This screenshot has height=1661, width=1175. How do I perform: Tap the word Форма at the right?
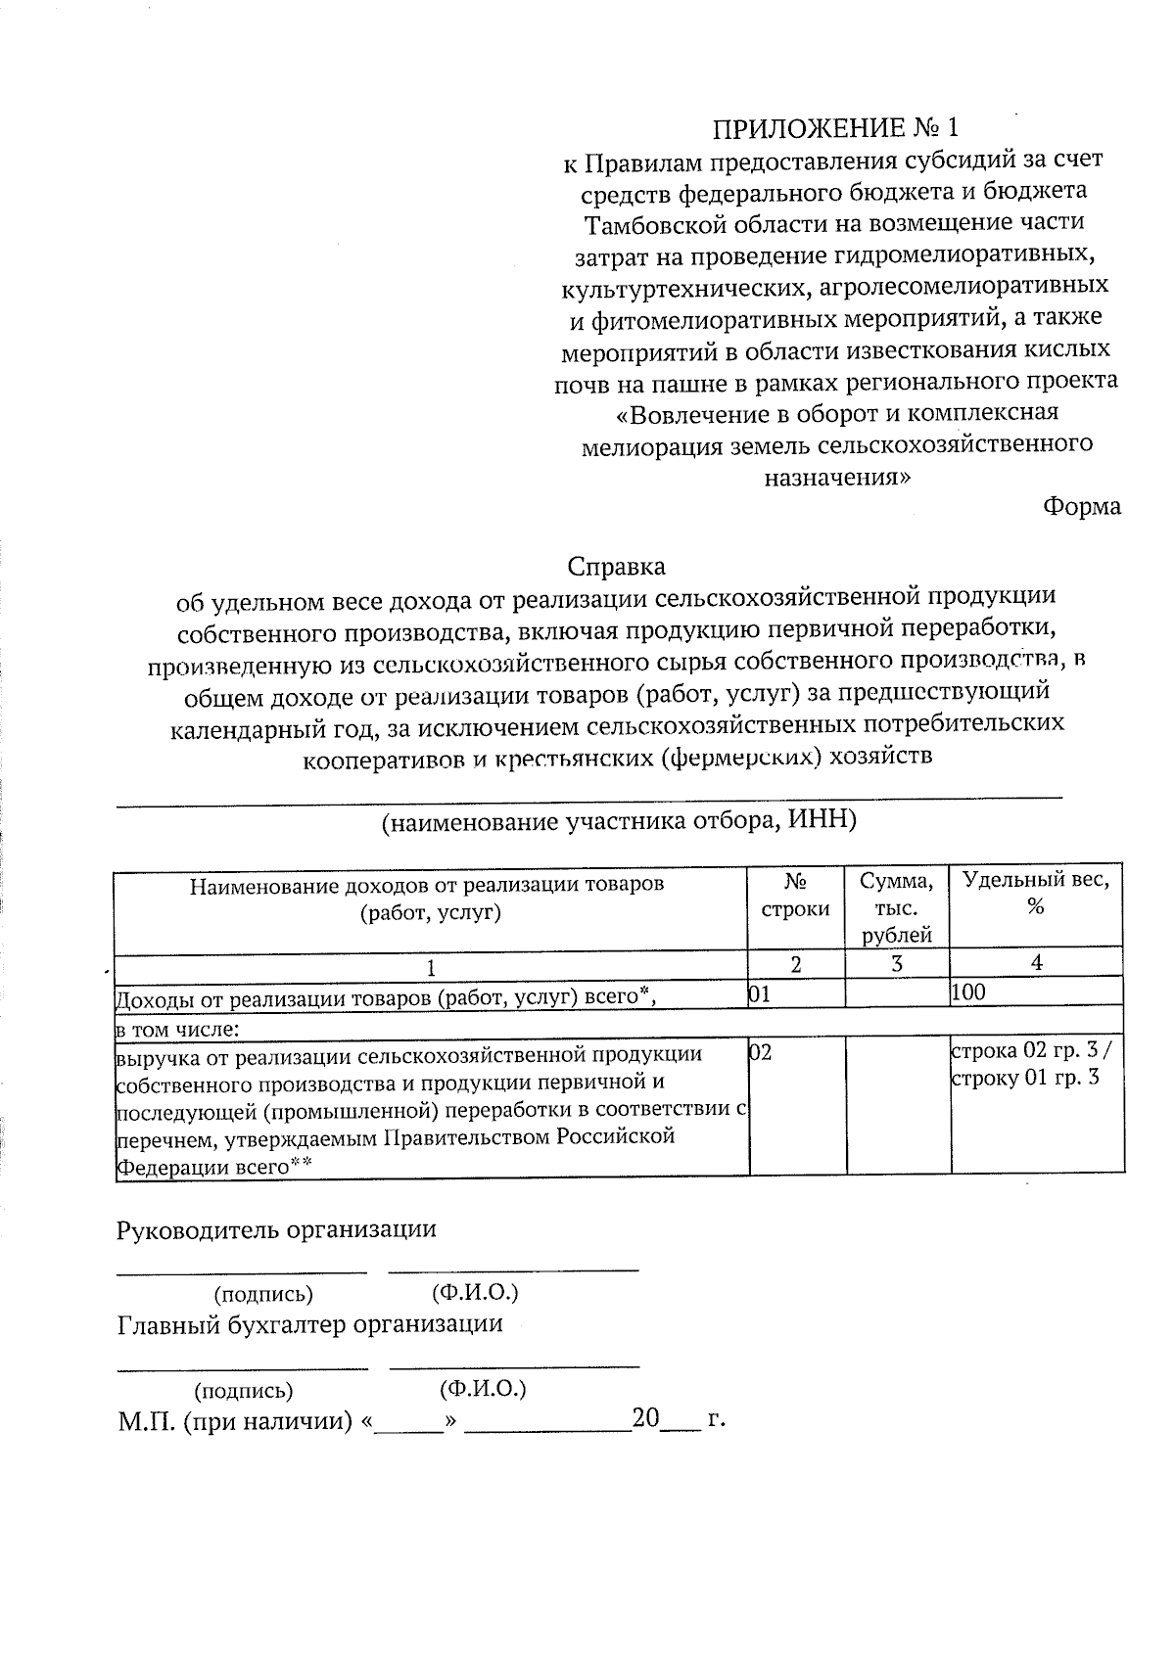point(1081,507)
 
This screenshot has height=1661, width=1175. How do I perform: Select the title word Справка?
point(616,566)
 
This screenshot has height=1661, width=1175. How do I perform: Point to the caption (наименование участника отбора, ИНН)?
point(619,820)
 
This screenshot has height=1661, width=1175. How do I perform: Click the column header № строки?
point(796,895)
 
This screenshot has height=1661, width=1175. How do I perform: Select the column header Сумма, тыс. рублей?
point(897,906)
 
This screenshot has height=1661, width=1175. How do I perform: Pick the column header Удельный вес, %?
point(1036,893)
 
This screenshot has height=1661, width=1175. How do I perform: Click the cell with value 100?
point(968,992)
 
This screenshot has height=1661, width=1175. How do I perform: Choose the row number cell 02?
point(760,1052)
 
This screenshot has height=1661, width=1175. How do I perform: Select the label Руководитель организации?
point(276,1229)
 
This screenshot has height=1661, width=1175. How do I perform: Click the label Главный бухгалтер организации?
point(309,1324)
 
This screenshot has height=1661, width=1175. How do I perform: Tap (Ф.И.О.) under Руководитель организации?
point(475,1293)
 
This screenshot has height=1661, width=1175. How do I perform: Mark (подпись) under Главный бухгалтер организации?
point(244,1390)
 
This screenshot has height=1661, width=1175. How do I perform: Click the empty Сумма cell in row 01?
point(897,992)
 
